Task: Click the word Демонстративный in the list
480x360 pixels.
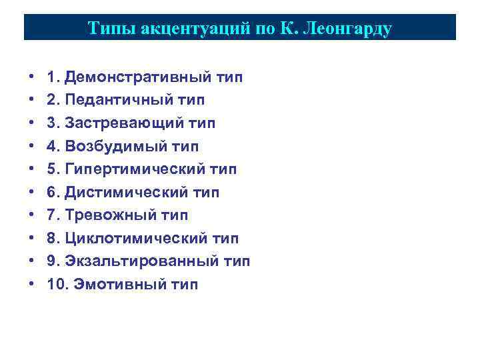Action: [x=137, y=77]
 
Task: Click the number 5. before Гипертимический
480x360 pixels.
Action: [x=53, y=169]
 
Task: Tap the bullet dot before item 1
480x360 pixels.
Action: [x=32, y=78]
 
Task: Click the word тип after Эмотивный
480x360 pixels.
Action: [x=185, y=285]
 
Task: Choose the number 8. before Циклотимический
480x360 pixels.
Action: [x=53, y=239]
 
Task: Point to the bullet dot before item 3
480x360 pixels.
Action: [x=32, y=124]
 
